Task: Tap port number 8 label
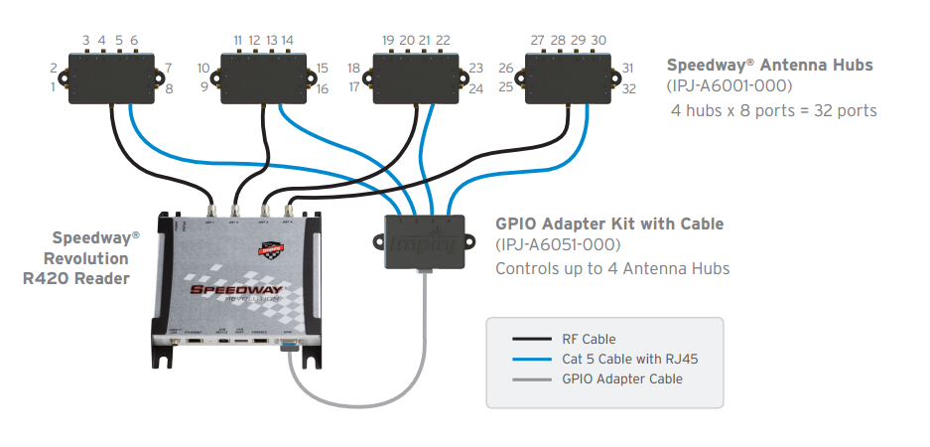point(169,89)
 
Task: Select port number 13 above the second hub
point(271,41)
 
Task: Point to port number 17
point(354,88)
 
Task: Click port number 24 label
point(475,89)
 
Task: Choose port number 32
point(628,89)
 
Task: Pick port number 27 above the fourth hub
point(537,41)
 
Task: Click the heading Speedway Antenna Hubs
point(769,66)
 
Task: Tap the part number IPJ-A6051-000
point(558,245)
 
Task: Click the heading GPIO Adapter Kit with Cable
point(609,224)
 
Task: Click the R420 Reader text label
point(75,279)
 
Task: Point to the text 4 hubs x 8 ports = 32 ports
point(775,110)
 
